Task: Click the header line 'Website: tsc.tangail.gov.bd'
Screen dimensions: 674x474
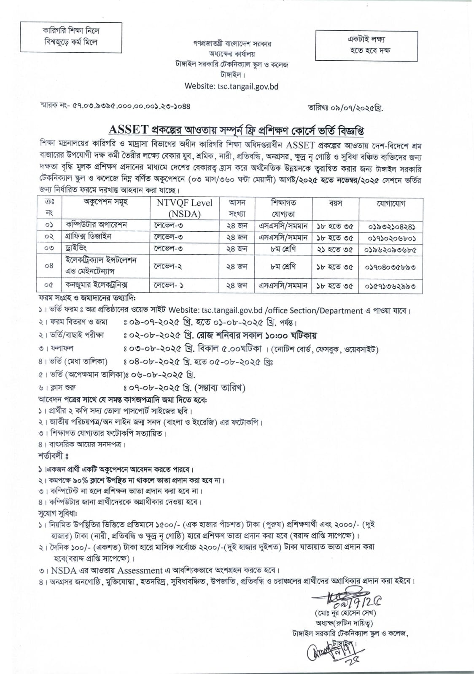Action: [x=231, y=86]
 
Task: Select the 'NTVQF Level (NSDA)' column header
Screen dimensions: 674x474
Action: [x=184, y=208]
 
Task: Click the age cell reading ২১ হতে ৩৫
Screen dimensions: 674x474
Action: [x=334, y=249]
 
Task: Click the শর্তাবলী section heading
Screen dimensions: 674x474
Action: [x=53, y=456]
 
